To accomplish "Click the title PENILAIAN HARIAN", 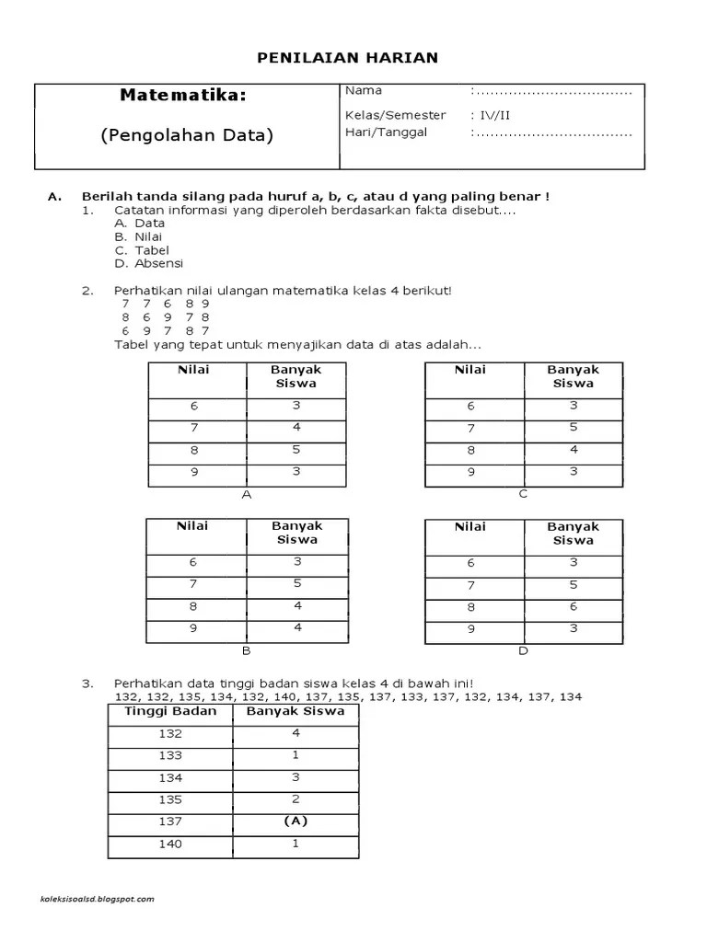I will (x=346, y=58).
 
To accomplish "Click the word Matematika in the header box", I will (x=183, y=96).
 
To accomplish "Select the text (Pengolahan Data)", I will (x=187, y=134).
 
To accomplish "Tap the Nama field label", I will (x=364, y=91).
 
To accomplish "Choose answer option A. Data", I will (x=140, y=223).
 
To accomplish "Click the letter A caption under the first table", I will (x=246, y=494).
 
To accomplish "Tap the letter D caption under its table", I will (x=523, y=651).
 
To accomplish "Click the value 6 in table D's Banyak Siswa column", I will (x=574, y=607).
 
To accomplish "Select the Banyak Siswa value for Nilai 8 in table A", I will (x=297, y=450).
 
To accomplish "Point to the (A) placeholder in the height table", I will (x=296, y=821).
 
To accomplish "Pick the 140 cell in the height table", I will (x=170, y=844).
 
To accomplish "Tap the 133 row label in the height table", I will (x=170, y=755).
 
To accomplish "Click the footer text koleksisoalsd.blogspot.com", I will (x=98, y=899).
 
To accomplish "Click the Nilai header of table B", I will (x=193, y=526).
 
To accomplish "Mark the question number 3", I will (x=87, y=684).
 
